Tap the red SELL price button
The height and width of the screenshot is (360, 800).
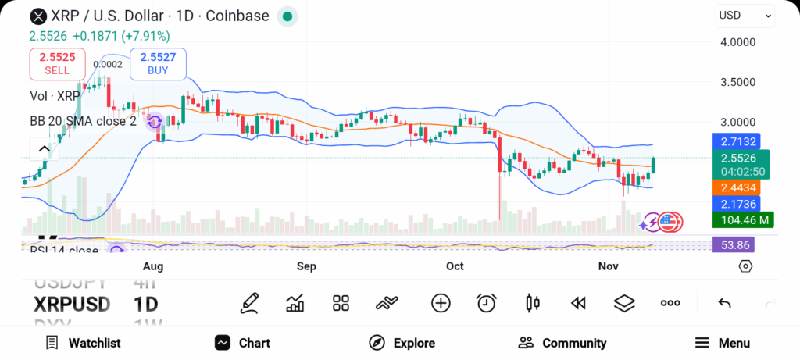pyautogui.click(x=57, y=63)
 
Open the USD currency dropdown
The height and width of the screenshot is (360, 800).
pyautogui.click(x=745, y=16)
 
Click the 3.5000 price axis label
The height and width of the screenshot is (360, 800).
pyautogui.click(x=737, y=82)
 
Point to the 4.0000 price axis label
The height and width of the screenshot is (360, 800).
pyautogui.click(x=737, y=41)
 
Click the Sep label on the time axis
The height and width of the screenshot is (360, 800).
pyautogui.click(x=306, y=266)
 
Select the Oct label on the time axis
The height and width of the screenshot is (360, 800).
pyautogui.click(x=455, y=266)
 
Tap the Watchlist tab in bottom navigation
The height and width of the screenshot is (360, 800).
pyautogui.click(x=83, y=343)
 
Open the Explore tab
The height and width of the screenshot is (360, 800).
pyautogui.click(x=402, y=343)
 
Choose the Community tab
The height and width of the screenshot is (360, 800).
pyautogui.click(x=562, y=343)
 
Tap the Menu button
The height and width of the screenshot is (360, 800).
pyautogui.click(x=723, y=343)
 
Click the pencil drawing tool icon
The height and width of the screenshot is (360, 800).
pyautogui.click(x=250, y=303)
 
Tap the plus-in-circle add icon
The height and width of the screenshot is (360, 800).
pyautogui.click(x=441, y=303)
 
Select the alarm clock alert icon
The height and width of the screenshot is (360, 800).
pyautogui.click(x=487, y=303)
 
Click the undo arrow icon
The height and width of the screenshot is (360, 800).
pyautogui.click(x=724, y=303)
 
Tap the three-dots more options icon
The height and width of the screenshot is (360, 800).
pyautogui.click(x=670, y=303)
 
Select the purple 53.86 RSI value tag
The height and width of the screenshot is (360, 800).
pyautogui.click(x=734, y=244)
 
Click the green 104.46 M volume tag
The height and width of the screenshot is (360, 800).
pyautogui.click(x=741, y=219)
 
